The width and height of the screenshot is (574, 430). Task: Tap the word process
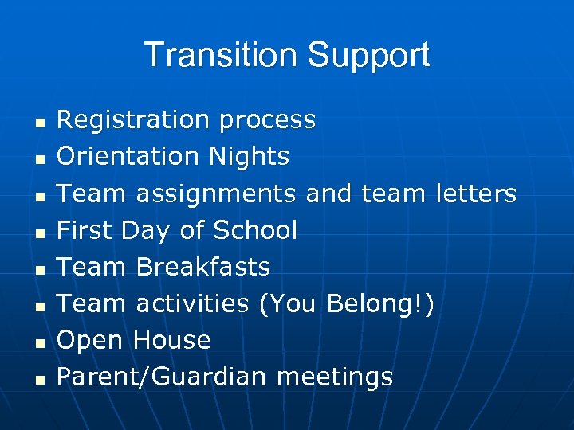click(x=268, y=121)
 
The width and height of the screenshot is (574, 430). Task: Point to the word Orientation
click(x=129, y=157)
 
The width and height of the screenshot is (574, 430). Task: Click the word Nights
click(x=250, y=158)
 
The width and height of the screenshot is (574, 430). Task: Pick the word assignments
click(x=216, y=194)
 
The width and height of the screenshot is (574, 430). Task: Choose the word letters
click(x=478, y=193)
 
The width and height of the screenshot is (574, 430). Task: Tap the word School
click(x=254, y=230)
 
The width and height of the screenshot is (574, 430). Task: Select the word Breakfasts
click(x=203, y=267)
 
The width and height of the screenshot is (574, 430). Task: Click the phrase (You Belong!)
click(x=347, y=304)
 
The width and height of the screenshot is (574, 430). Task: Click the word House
click(x=171, y=340)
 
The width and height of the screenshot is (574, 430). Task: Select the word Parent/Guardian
click(x=162, y=377)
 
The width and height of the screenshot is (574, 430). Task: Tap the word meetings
click(x=335, y=377)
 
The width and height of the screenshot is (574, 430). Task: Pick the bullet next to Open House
click(x=38, y=343)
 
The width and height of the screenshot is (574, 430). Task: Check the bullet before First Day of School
click(x=38, y=233)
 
